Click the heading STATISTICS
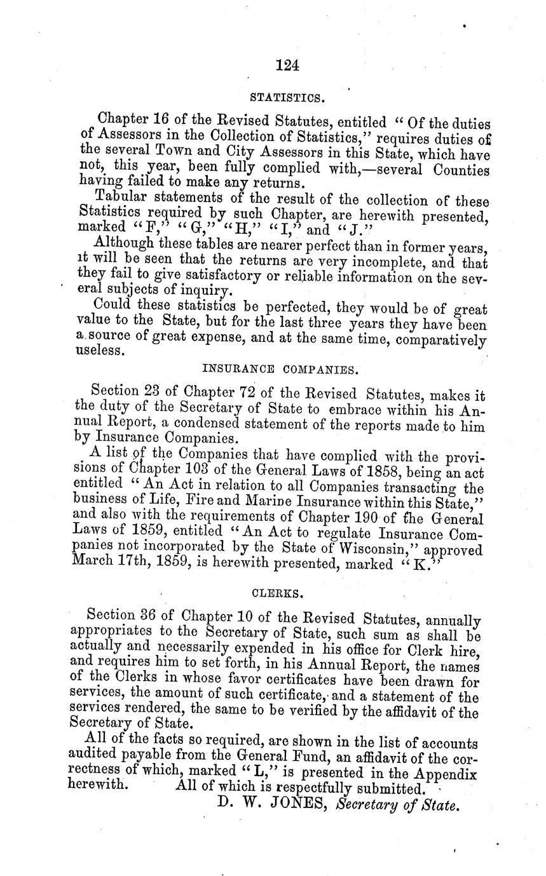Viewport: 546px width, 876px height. pos(288,98)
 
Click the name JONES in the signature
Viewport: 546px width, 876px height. pos(299,805)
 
